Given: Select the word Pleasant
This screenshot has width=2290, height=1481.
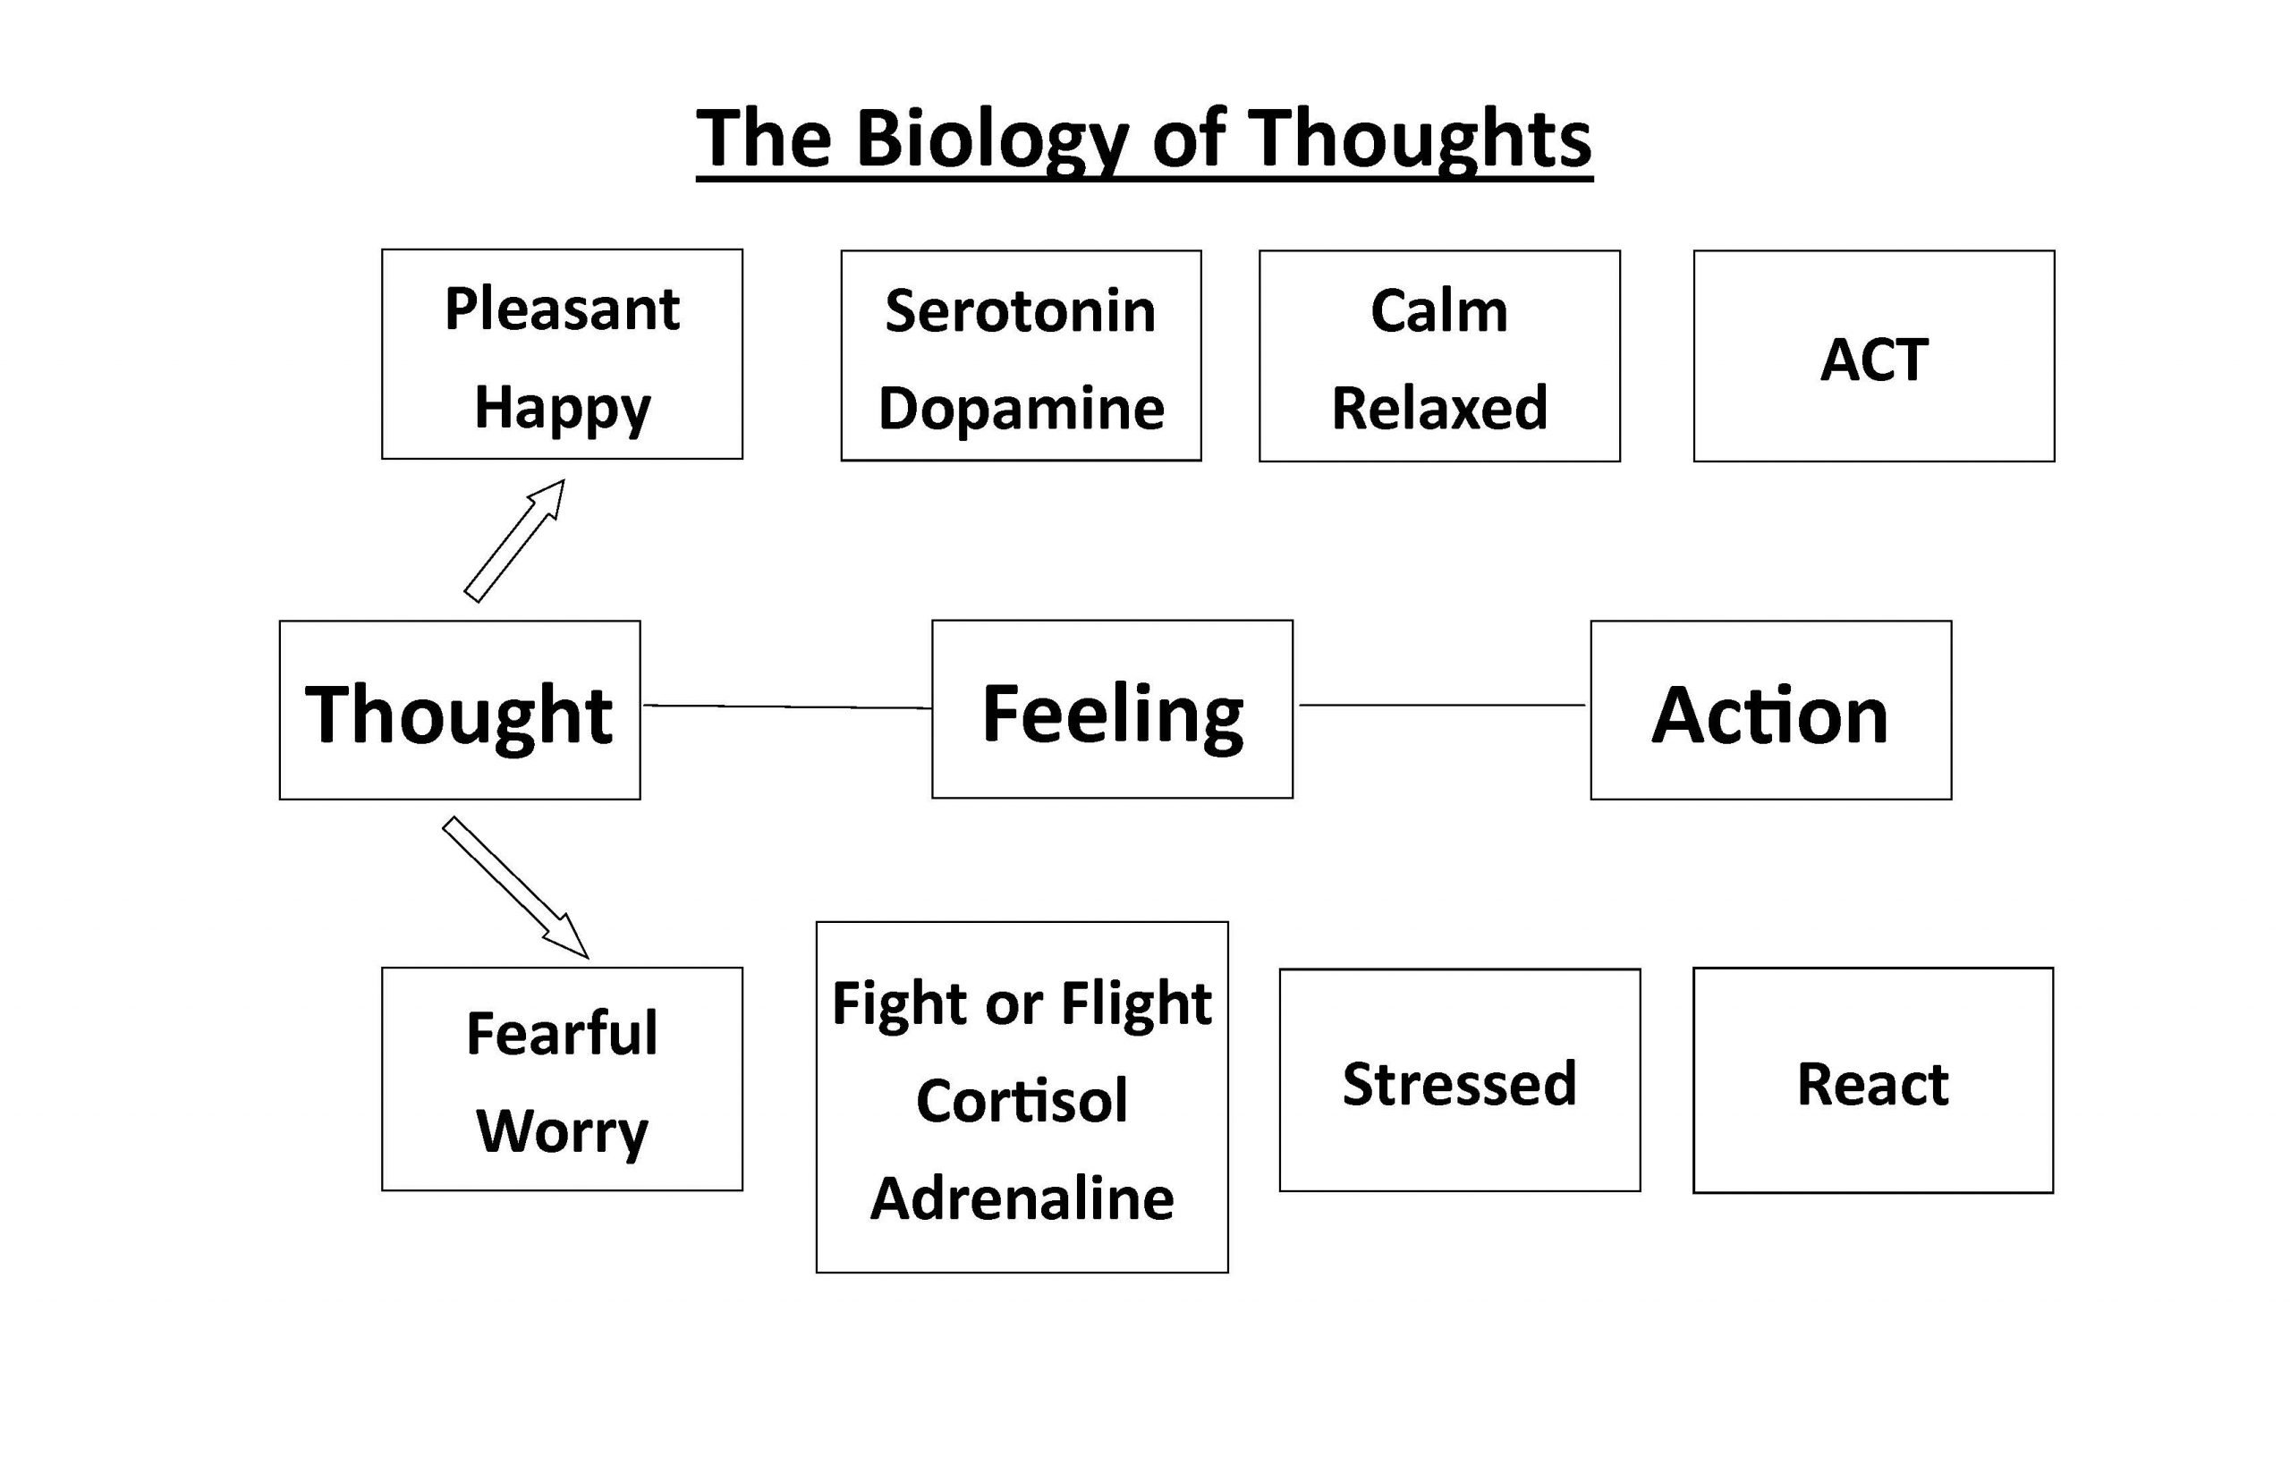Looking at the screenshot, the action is point(562,309).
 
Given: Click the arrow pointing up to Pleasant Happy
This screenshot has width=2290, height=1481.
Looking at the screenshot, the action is point(514,540).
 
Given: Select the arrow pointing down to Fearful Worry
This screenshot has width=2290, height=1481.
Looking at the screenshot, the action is point(515,888).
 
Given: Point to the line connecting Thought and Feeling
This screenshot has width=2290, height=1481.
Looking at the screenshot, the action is point(786,707).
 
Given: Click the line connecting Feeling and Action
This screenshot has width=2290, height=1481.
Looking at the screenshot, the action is point(1442,705).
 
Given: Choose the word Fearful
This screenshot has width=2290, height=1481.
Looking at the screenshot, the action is point(562,1033).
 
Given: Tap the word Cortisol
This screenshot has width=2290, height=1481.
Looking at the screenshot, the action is point(1022,1100).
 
